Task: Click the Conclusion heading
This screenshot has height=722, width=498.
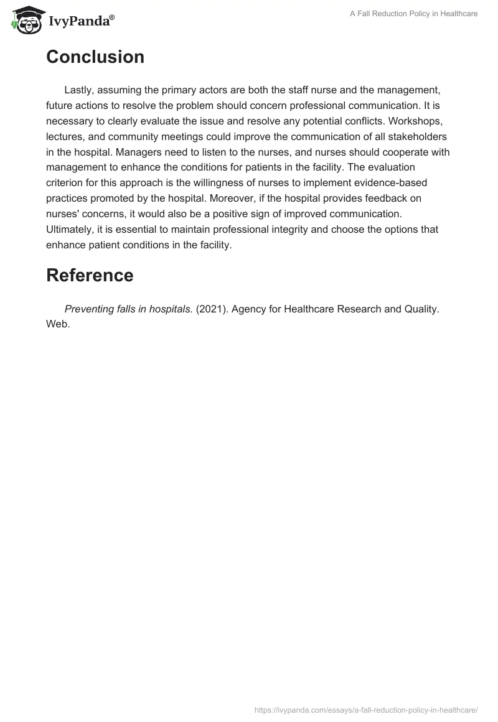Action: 95,57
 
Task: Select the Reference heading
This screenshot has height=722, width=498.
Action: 90,275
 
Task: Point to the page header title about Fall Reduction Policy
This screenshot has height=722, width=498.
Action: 414,14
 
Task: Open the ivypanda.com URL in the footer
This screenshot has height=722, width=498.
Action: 366,710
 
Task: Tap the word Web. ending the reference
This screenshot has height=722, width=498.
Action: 58,324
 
